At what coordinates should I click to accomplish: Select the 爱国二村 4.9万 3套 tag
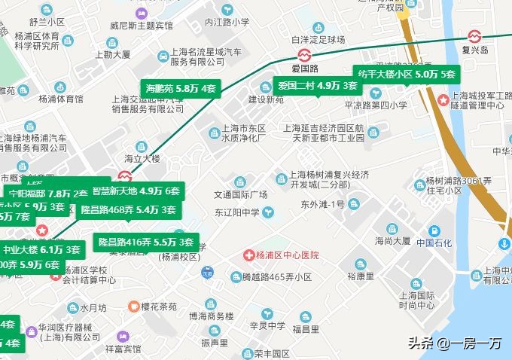(x=317, y=85)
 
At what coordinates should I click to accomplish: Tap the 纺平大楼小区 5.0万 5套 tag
(x=407, y=75)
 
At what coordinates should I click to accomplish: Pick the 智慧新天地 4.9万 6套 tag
(x=136, y=191)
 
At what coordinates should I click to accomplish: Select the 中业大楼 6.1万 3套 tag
(x=41, y=249)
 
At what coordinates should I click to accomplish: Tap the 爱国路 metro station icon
(x=302, y=55)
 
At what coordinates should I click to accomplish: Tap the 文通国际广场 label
(x=240, y=194)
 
